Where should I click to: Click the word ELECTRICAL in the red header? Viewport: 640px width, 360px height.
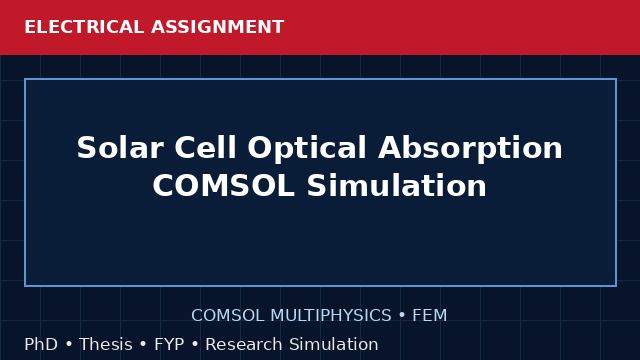(84, 27)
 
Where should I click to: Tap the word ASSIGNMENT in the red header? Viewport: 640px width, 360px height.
(218, 27)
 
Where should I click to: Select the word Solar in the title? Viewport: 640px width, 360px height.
(120, 147)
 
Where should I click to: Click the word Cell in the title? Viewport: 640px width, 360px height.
(205, 147)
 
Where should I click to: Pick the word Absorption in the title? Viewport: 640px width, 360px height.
(470, 150)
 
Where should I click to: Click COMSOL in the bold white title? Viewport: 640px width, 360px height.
(224, 185)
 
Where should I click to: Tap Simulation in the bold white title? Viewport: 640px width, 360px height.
(397, 185)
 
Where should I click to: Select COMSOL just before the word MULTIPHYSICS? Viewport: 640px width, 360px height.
(228, 316)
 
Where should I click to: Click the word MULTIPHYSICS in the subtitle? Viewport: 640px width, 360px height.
(331, 316)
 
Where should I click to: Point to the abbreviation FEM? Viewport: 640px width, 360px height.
(429, 316)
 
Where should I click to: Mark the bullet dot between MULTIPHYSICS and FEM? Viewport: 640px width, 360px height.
(402, 316)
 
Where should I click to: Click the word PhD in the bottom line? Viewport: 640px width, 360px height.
(41, 344)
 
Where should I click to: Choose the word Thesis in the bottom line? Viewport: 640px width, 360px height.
(106, 344)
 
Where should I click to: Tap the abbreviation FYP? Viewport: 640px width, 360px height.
(169, 344)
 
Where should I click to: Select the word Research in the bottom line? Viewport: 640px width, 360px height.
(244, 344)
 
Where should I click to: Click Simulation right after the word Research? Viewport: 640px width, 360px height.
(334, 344)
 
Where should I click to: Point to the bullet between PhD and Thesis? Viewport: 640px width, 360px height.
(69, 345)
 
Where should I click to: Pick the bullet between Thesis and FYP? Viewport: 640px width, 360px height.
(143, 345)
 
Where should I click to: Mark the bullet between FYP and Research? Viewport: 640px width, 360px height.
(195, 345)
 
